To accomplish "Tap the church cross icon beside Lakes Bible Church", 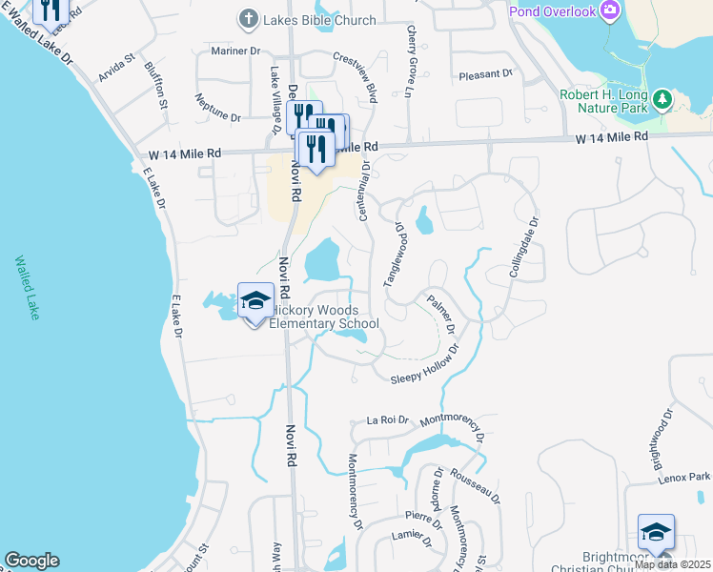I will tap(248, 19).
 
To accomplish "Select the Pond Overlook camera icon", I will tap(609, 11).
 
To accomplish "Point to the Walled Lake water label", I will tap(24, 287).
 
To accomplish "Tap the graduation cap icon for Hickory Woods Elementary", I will tap(255, 301).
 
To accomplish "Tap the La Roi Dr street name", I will tap(387, 419).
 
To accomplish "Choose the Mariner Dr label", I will tap(235, 51).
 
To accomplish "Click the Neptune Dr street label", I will tap(217, 107).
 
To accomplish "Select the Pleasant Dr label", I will tap(485, 73).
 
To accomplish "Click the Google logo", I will tap(31, 561).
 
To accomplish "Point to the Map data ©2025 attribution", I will tap(672, 564).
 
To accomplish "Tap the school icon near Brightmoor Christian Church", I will tap(656, 532).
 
